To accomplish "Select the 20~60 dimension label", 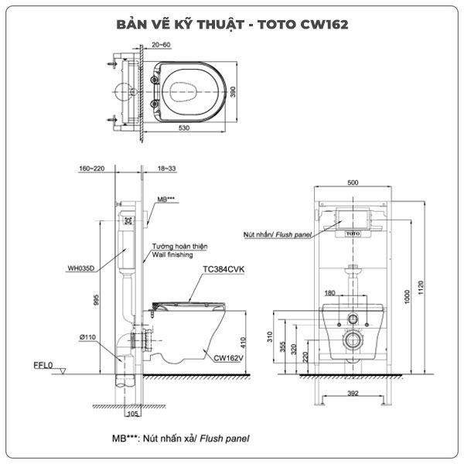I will pyautogui.click(x=162, y=48).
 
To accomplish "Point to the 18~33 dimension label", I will pyautogui.click(x=166, y=167).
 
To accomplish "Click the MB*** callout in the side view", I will pyautogui.click(x=166, y=199).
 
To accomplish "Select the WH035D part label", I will pyautogui.click(x=80, y=269).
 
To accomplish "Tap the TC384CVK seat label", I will pyautogui.click(x=223, y=270).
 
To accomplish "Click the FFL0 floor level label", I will pyautogui.click(x=43, y=363).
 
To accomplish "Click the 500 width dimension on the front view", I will pyautogui.click(x=352, y=183).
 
